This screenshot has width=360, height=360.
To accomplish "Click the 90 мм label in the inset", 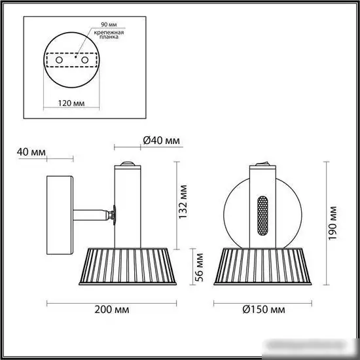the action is pyautogui.click(x=109, y=24).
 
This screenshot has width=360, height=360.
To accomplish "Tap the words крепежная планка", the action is pyautogui.click(x=109, y=35).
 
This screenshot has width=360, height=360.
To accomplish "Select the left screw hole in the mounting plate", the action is pyautogui.click(x=59, y=60).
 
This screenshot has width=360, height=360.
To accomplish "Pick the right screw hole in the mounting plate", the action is pyautogui.click(x=84, y=60).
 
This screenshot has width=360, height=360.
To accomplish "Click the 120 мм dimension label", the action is pyautogui.click(x=71, y=103).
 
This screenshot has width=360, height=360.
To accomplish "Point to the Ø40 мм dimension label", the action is pyautogui.click(x=162, y=140).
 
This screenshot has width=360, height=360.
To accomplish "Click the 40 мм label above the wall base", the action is pyautogui.click(x=31, y=152).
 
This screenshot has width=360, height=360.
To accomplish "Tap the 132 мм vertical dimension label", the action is pyautogui.click(x=183, y=202).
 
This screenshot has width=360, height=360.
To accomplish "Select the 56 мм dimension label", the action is pyautogui.click(x=199, y=267).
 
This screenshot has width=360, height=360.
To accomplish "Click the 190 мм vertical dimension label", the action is pyautogui.click(x=333, y=223).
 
